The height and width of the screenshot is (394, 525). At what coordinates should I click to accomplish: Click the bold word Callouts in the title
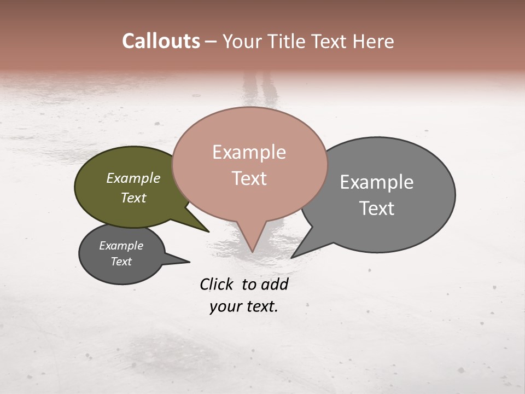click(x=161, y=41)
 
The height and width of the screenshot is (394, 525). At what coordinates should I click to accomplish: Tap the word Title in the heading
click(x=287, y=42)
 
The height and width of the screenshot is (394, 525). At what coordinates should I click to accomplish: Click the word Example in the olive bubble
click(x=133, y=178)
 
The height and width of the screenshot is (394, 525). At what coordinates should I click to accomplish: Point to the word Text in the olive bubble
click(x=133, y=198)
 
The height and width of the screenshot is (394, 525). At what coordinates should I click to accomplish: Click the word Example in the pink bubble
click(x=249, y=152)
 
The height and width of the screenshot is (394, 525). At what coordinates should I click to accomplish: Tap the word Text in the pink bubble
click(x=249, y=178)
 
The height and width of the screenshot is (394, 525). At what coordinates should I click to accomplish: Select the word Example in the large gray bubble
click(x=377, y=182)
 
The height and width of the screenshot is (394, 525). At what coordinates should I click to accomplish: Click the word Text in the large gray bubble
click(x=377, y=208)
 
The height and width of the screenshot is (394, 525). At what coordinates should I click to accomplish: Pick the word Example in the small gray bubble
click(x=121, y=246)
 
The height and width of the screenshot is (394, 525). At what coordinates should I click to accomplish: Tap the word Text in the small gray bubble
click(x=121, y=262)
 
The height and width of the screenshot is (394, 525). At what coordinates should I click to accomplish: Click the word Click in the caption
click(x=217, y=284)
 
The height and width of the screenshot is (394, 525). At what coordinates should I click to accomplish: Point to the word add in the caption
click(x=275, y=284)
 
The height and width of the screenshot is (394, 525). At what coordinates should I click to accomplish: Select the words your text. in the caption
click(x=244, y=306)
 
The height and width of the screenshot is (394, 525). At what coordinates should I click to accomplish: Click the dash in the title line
click(x=211, y=42)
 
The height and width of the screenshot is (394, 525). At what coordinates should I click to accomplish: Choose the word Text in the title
click(x=327, y=42)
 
